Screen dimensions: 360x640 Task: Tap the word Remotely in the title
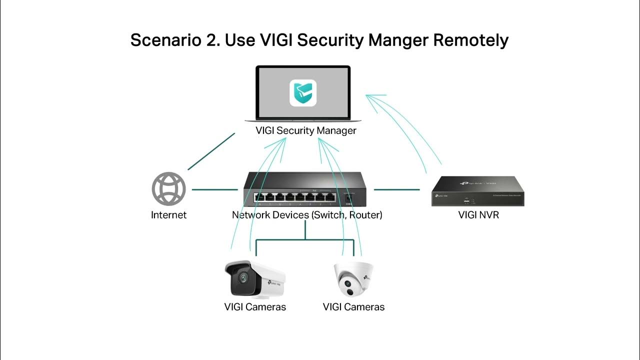pyautogui.click(x=470, y=40)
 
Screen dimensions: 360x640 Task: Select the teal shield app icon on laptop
pyautogui.click(x=303, y=93)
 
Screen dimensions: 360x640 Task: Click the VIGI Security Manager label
pyautogui.click(x=305, y=130)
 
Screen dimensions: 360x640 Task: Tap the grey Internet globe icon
pyautogui.click(x=168, y=189)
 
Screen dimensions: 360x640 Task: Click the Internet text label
pyautogui.click(x=168, y=215)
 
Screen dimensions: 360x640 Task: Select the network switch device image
pyautogui.click(x=305, y=189)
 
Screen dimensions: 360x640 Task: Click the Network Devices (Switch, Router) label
pyautogui.click(x=307, y=215)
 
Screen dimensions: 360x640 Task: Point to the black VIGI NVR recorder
pyautogui.click(x=478, y=191)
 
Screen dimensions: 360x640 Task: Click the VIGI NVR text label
pyautogui.click(x=478, y=215)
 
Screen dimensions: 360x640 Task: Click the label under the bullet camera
pyautogui.click(x=255, y=307)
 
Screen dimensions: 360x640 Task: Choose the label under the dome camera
pyautogui.click(x=354, y=307)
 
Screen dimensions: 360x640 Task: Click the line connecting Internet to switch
pyautogui.click(x=214, y=189)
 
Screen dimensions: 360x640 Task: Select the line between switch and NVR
pyautogui.click(x=397, y=189)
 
